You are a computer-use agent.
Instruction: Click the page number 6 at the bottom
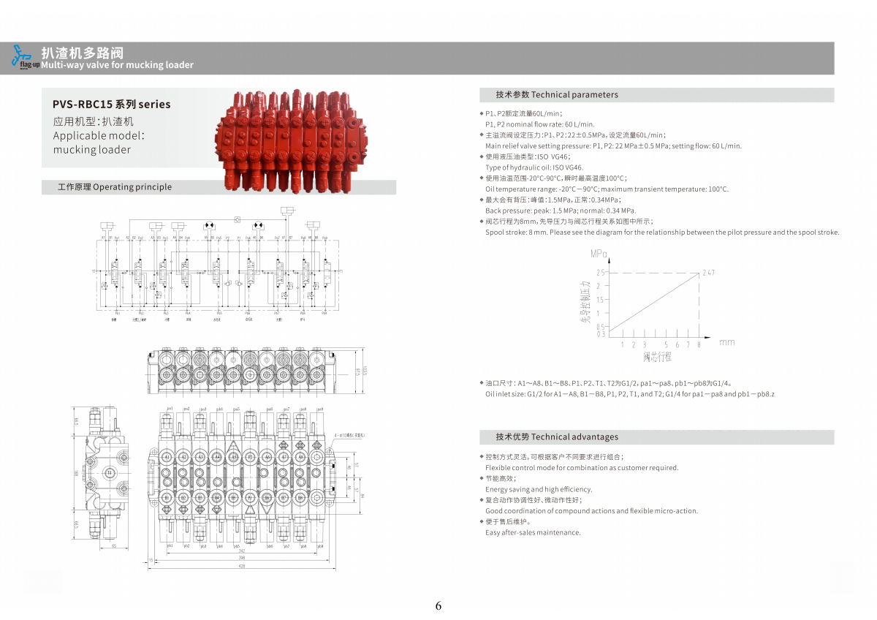pyautogui.click(x=438, y=605)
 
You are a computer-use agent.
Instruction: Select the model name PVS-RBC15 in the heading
pyautogui.click(x=83, y=105)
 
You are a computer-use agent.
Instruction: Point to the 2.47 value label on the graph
pyautogui.click(x=707, y=273)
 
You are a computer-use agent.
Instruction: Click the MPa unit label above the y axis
pyautogui.click(x=599, y=254)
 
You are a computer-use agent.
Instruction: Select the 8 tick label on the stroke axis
pyautogui.click(x=699, y=344)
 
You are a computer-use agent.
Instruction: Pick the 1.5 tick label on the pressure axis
pyautogui.click(x=599, y=300)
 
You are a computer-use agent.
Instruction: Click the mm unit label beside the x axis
pyautogui.click(x=726, y=342)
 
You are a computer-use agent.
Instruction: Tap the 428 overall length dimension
pyautogui.click(x=242, y=566)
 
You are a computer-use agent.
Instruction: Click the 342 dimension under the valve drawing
pyautogui.click(x=242, y=551)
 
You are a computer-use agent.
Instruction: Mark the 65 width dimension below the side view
pyautogui.click(x=114, y=546)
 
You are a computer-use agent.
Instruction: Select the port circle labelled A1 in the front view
pyautogui.click(x=167, y=457)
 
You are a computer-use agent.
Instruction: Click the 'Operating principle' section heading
pyautogui.click(x=115, y=187)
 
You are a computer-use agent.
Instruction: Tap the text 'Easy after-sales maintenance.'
pyautogui.click(x=533, y=532)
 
